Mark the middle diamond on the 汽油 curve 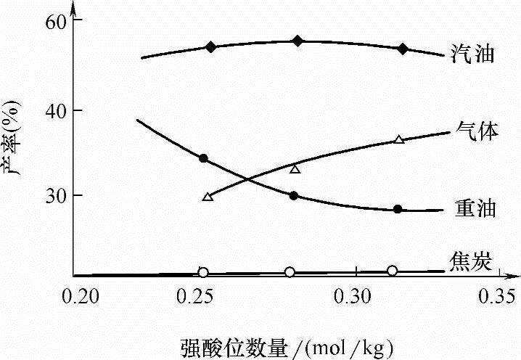[x=297, y=41]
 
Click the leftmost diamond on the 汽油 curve [x=211, y=47]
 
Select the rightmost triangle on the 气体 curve [x=398, y=139]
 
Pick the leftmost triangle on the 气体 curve [x=208, y=196]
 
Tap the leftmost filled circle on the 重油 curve [x=203, y=158]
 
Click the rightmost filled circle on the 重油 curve [x=397, y=209]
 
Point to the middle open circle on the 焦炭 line [x=290, y=272]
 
